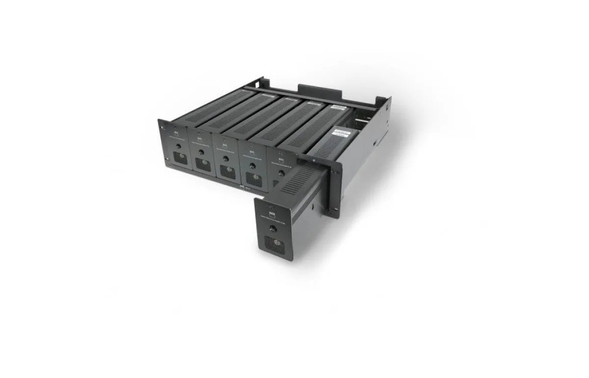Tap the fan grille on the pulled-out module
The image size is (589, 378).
[x=274, y=243]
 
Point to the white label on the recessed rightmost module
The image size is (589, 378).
[x=342, y=133]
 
